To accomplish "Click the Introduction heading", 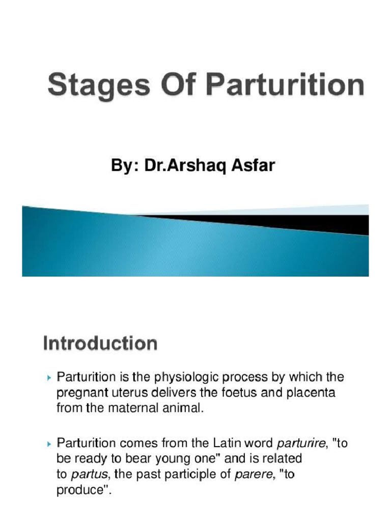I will tap(100, 343).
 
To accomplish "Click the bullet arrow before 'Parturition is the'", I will tap(49, 378).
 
